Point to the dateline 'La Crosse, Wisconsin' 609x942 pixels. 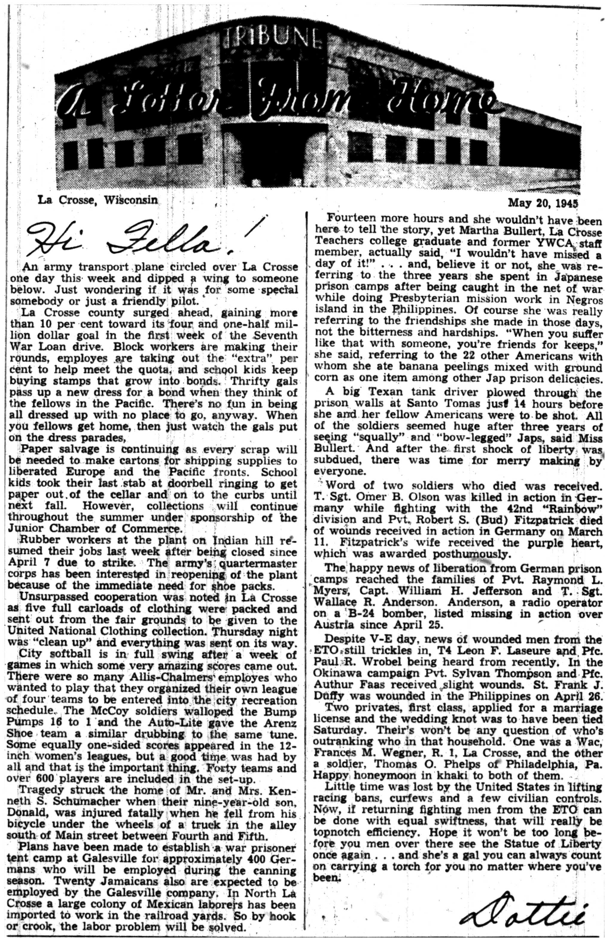97,200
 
